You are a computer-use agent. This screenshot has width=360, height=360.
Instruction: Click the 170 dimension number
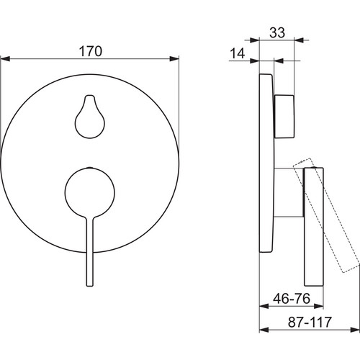[x=91, y=51]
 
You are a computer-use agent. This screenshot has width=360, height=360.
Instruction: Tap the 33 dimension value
[x=277, y=32]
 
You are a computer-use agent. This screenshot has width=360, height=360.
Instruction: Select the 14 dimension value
[x=238, y=53]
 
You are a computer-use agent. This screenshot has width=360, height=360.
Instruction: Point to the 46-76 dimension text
[x=292, y=298]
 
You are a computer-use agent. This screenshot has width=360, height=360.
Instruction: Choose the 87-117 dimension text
[x=310, y=322]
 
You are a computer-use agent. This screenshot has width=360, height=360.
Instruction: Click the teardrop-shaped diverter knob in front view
[x=90, y=117]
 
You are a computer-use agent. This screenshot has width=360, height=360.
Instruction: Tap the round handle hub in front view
[x=90, y=192]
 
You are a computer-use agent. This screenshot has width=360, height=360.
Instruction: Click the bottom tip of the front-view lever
[x=90, y=286]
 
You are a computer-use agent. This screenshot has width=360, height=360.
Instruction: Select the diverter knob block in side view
[x=284, y=117]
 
